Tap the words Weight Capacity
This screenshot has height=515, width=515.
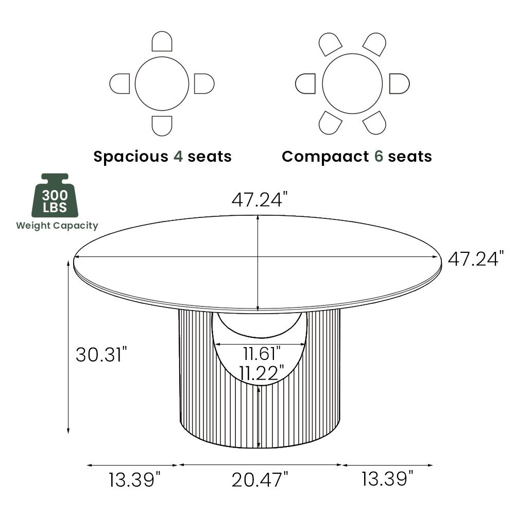tap(57, 226)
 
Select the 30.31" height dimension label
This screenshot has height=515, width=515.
tap(101, 354)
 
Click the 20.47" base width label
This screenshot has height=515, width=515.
tap(260, 480)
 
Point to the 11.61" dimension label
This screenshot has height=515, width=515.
tap(262, 353)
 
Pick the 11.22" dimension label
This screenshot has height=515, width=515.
tap(262, 372)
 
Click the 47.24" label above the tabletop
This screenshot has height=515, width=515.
tap(257, 199)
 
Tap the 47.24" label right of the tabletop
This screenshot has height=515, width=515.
tap(475, 259)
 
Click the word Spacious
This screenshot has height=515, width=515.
tap(131, 156)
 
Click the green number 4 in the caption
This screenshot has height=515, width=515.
tap(178, 156)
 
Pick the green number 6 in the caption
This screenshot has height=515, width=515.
tap(378, 156)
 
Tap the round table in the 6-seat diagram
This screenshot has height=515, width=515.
tap(352, 83)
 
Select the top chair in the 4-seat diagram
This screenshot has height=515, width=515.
tap(162, 42)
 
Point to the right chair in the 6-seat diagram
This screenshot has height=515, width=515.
tap(399, 83)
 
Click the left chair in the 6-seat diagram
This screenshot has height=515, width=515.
tap(306, 83)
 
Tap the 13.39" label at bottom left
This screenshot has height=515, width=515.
tap(132, 480)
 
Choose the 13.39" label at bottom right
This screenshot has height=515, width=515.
tap(387, 479)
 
